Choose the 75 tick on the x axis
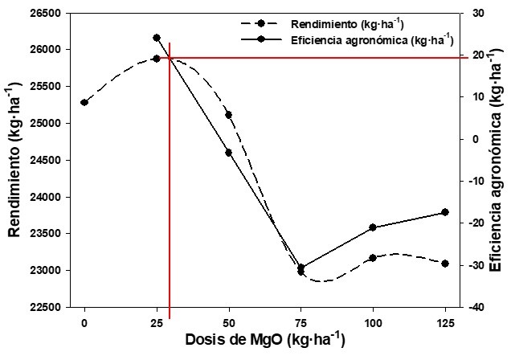pos(301,321)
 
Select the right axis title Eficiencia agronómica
pos(495,161)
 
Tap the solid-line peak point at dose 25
pos(157,38)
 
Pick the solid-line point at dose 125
pos(444,212)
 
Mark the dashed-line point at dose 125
pos(444,264)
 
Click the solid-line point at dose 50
pos(229,153)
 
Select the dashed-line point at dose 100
pos(373,258)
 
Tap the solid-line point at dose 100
pos(373,227)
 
